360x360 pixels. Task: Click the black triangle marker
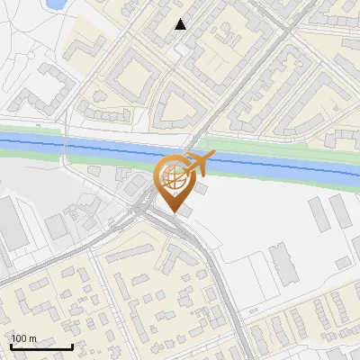pos(181,24)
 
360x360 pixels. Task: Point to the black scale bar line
pos(41,346)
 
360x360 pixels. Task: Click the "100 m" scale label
pos(23,338)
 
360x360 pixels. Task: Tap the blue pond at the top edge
pos(56,4)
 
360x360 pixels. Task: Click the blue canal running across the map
pos(90,147)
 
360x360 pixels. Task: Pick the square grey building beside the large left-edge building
pos(58,226)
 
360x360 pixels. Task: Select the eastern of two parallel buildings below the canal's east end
pos(340,211)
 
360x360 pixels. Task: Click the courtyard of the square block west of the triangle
pos(133,69)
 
